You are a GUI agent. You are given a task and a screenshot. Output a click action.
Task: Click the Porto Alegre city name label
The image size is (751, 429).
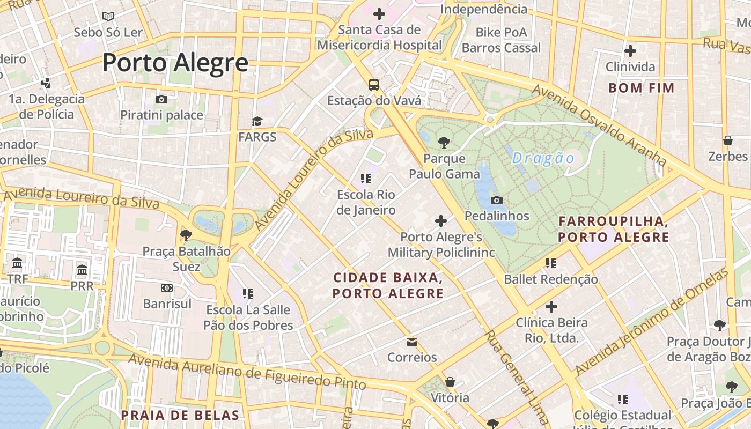coord(175,63)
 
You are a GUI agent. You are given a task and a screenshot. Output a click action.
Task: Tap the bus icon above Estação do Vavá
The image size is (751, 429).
coord(373,84)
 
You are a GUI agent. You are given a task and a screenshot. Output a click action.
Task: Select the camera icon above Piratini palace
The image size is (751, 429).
coord(161,99)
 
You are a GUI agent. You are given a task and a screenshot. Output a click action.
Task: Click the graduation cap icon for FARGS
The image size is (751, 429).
coord(257,121)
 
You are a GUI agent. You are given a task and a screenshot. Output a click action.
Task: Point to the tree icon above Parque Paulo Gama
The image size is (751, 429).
coord(444,143)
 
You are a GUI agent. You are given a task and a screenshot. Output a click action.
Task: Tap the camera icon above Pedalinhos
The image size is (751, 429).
coord(497,200)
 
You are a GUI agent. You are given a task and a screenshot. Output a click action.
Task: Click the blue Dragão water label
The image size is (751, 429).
coord(543,158)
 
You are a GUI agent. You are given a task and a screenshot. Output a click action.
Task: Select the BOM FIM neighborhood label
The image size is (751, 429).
coord(642,88)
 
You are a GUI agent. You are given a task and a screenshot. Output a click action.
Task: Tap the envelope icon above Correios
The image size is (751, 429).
coord(412,342)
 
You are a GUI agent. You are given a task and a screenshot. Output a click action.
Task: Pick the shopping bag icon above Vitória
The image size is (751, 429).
coord(450,382)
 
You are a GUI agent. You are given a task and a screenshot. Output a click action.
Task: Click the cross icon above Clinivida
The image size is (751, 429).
coord(630,51)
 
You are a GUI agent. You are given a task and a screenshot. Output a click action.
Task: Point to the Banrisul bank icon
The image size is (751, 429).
coord(167,288)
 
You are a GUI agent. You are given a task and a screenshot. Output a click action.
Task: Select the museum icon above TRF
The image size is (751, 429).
coord(17,263)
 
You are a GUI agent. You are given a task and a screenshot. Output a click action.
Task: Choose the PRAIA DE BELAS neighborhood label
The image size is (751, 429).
coord(180,415)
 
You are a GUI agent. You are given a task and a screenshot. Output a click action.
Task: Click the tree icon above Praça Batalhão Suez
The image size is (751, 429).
coord(186,235)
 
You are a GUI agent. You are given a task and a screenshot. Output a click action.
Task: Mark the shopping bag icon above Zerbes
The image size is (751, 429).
coord(728,140)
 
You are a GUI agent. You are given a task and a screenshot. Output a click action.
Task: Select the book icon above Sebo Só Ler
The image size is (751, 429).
coord(108,16)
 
